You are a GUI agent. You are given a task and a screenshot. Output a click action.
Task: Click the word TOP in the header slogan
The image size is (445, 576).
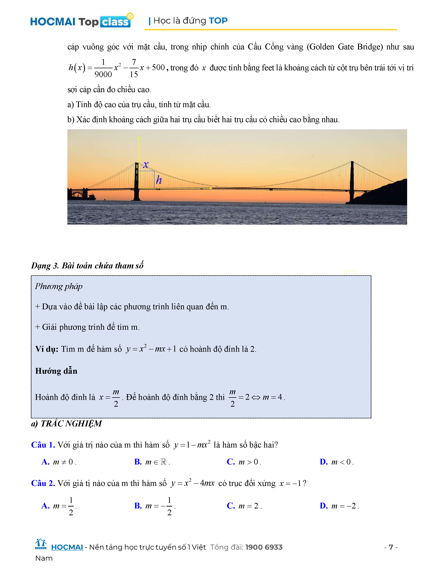[218, 21]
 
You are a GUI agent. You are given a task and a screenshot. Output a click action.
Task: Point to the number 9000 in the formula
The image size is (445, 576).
[103, 74]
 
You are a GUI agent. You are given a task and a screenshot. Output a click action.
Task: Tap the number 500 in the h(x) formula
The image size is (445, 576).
[158, 68]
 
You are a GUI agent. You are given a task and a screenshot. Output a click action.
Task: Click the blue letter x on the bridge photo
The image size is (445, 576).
[146, 165]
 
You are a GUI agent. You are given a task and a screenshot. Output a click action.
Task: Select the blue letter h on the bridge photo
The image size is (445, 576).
[159, 180]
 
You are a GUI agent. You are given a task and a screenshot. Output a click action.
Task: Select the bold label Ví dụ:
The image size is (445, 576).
[47, 349]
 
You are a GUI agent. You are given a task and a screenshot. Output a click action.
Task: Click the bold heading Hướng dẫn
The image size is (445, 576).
[56, 371]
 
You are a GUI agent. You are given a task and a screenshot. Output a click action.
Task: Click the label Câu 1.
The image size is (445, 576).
[43, 445]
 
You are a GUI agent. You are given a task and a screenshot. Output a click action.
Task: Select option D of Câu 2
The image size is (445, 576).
[339, 506]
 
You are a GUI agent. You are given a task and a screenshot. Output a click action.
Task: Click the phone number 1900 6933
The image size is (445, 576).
[264, 547]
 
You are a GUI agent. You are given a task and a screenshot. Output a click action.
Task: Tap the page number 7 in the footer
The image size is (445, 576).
[391, 547]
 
